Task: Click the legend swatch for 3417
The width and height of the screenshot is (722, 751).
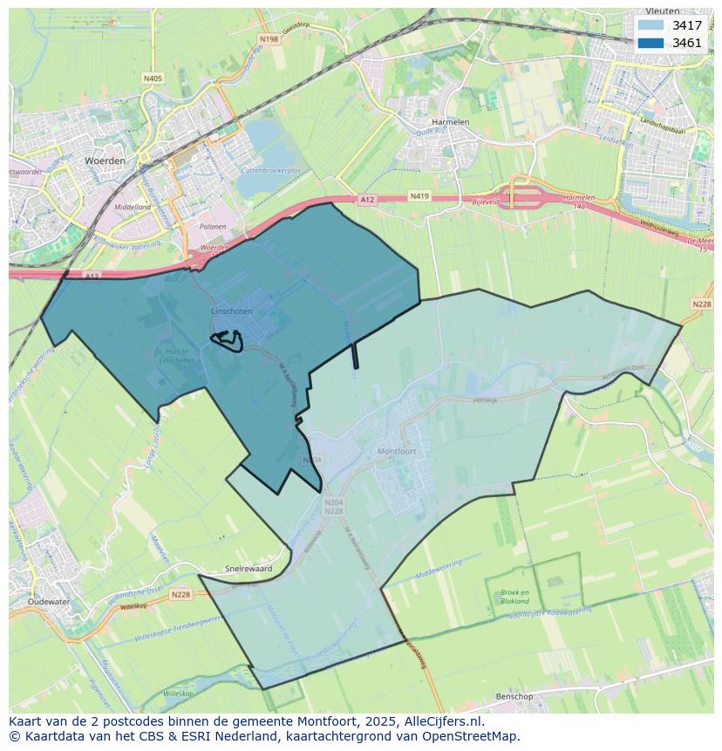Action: tap(650, 25)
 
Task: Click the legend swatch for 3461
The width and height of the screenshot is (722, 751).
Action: tap(650, 43)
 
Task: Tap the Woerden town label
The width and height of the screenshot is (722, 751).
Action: tap(105, 161)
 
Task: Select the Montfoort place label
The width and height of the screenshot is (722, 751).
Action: tap(398, 451)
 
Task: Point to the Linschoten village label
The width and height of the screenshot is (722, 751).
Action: tap(231, 311)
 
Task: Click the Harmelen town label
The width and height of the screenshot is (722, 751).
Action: tap(451, 122)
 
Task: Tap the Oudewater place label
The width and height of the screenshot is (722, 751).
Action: tap(47, 602)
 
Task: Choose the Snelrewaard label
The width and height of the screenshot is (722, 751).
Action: tap(249, 568)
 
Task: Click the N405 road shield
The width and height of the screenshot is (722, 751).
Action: tap(153, 79)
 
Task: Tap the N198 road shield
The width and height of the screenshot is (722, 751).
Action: tap(269, 39)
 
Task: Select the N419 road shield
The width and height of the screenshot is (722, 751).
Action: tap(419, 197)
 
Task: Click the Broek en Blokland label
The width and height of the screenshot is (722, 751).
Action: tap(514, 597)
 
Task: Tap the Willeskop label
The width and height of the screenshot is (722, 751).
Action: tap(178, 694)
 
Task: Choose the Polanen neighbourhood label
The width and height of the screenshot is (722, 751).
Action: tap(213, 227)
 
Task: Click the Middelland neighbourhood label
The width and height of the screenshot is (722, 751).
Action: tap(133, 207)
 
